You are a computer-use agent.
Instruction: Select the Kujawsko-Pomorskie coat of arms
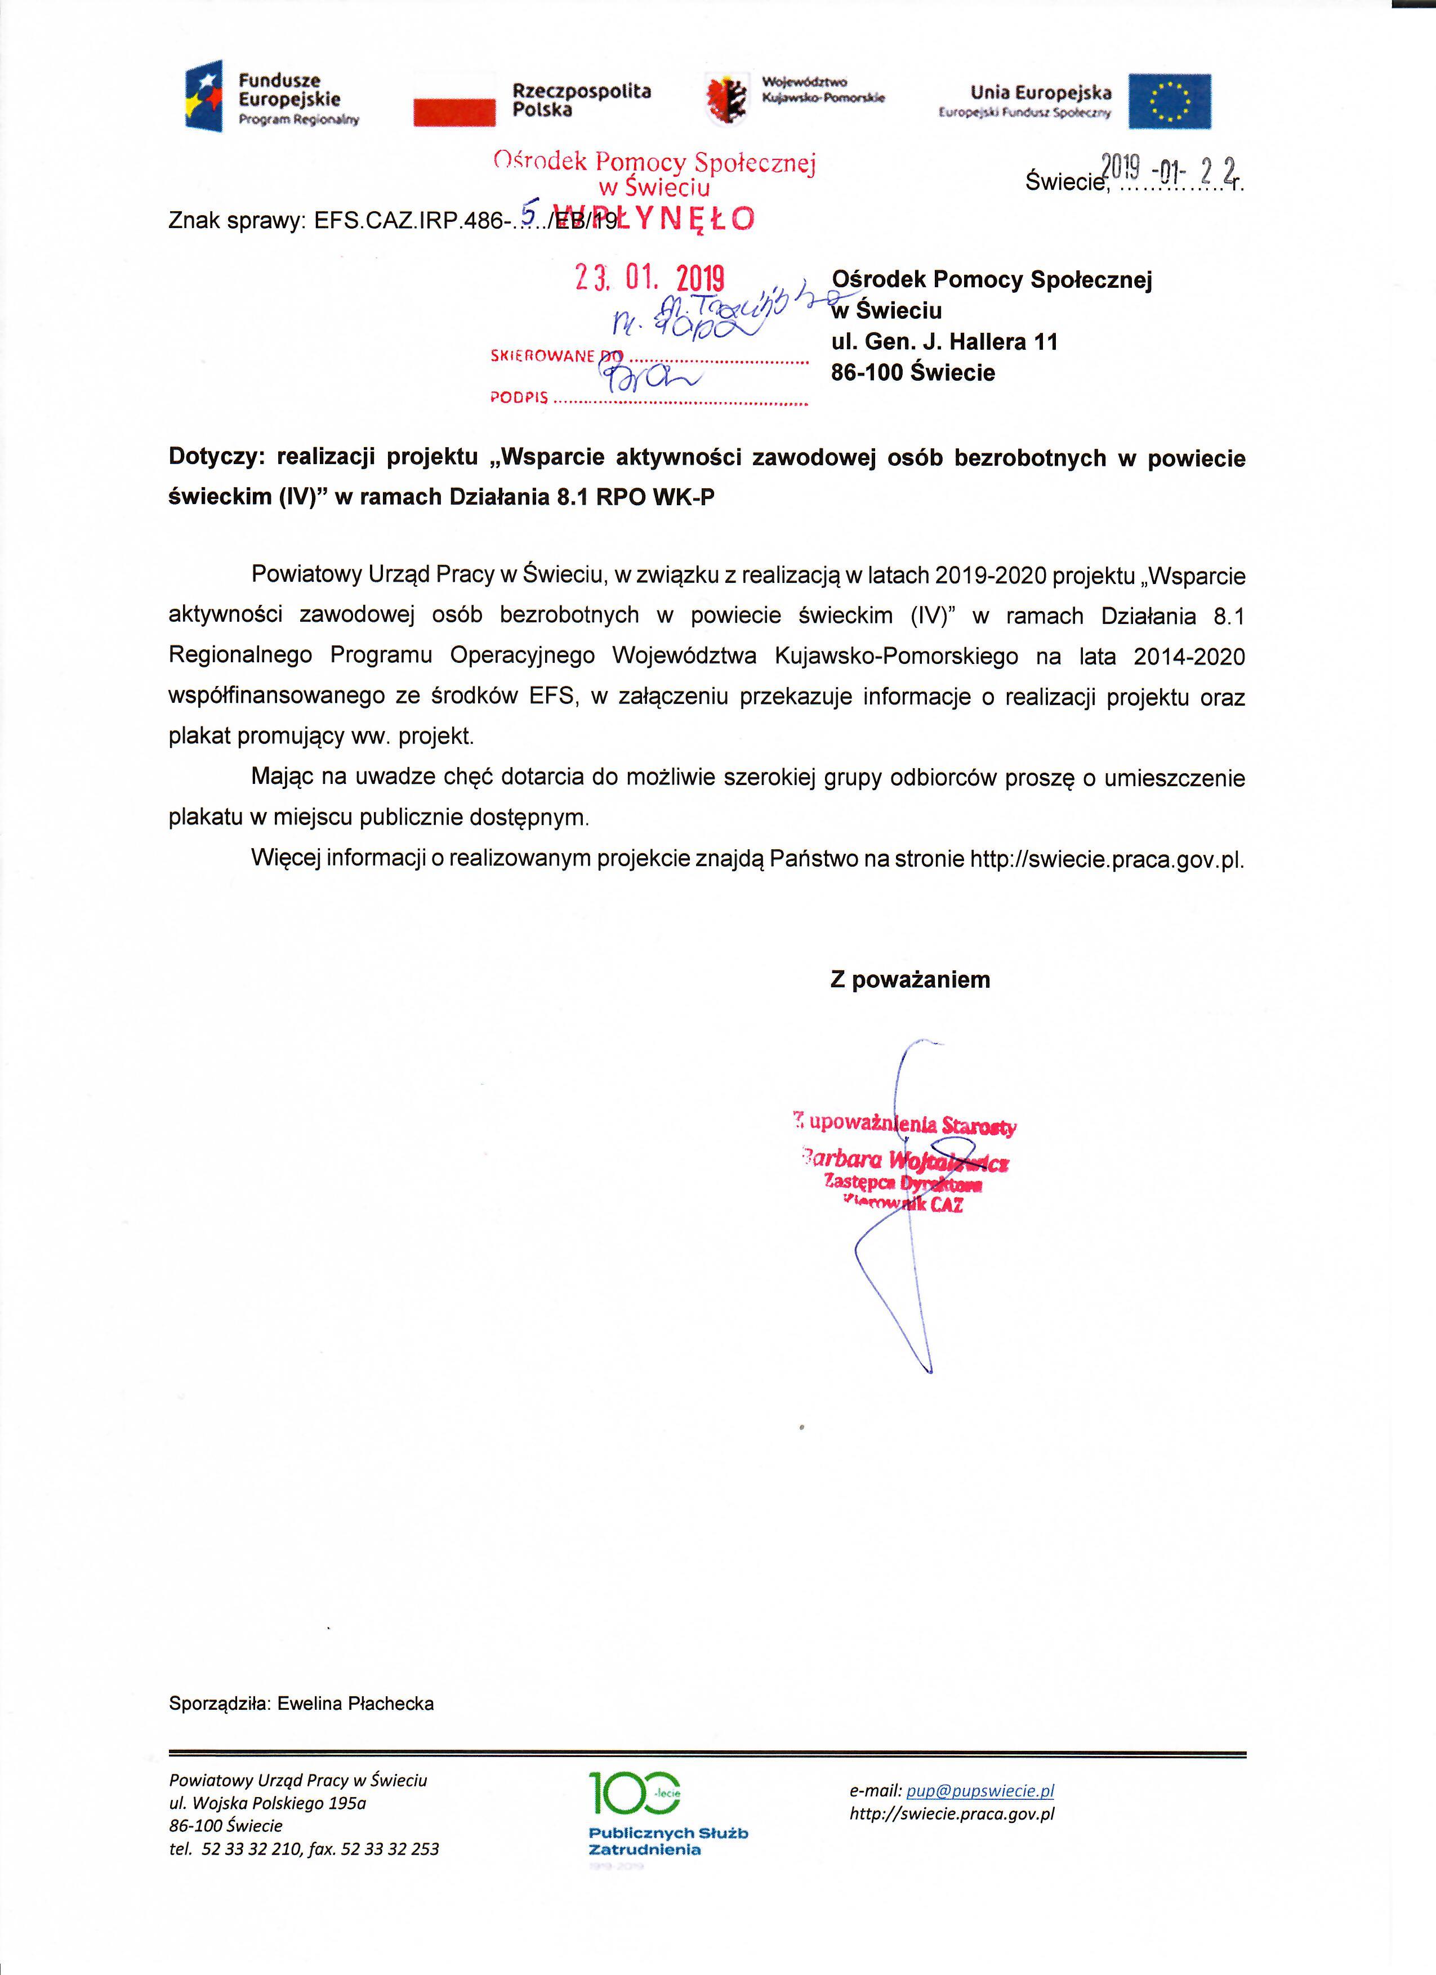pyautogui.click(x=725, y=97)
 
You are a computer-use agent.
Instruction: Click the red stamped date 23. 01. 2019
pyautogui.click(x=649, y=278)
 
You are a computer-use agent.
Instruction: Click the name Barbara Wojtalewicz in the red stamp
pyautogui.click(x=906, y=1160)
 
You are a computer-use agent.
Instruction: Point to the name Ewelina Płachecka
pyautogui.click(x=355, y=1704)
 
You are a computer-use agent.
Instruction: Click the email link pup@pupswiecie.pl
pyautogui.click(x=980, y=1791)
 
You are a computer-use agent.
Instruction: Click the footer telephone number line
pyautogui.click(x=304, y=1849)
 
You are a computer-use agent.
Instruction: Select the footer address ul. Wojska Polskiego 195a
pyautogui.click(x=267, y=1803)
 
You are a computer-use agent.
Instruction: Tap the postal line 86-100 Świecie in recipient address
pyautogui.click(x=913, y=373)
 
